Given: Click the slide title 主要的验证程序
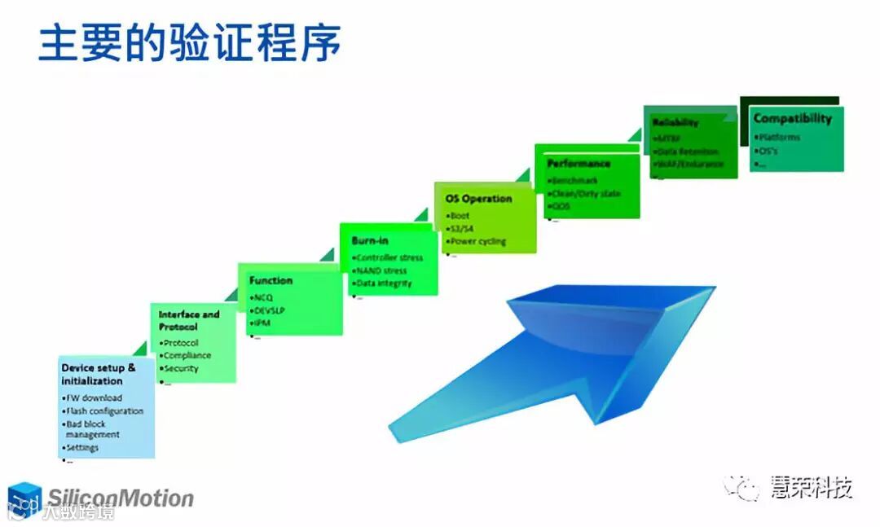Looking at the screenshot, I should coord(189,43).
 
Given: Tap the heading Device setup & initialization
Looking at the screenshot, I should coord(99,374).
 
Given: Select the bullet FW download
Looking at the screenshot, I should coord(94,397).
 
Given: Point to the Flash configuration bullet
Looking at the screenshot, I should coord(104,411).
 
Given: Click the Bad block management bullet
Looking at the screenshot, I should coord(92,429).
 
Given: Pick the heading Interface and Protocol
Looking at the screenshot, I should coord(188,320).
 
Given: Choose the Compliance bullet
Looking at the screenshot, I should coord(187,355).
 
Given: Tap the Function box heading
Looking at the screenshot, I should coord(271,280).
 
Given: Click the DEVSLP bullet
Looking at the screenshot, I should coord(270,310).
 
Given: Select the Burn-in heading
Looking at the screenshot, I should coord(370,240).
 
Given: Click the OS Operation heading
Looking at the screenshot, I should coord(478,198).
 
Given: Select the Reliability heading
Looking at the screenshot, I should coord(675,122).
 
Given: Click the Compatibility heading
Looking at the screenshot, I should coord(792,118).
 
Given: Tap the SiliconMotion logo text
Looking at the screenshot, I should coord(120,498).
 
